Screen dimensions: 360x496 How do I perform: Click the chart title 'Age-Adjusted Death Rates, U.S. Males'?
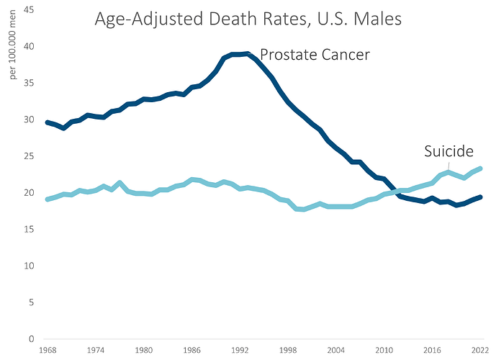[x=248, y=20]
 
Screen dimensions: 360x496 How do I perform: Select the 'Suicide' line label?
[x=448, y=151]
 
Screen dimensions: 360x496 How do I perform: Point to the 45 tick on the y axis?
[x=29, y=10]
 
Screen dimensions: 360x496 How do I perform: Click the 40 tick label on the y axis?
[x=29, y=47]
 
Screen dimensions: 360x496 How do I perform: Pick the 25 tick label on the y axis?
[x=29, y=156]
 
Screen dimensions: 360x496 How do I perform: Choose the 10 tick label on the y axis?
[x=29, y=266]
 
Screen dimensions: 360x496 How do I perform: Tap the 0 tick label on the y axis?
[x=31, y=339]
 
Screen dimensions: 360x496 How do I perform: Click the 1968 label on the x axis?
[x=48, y=351]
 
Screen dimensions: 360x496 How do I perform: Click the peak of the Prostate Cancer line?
[x=247, y=53]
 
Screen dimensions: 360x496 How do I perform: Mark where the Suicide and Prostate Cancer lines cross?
[x=394, y=192]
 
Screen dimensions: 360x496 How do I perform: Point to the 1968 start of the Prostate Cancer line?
[x=48, y=122]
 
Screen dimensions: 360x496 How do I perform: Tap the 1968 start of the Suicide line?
[x=48, y=199]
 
